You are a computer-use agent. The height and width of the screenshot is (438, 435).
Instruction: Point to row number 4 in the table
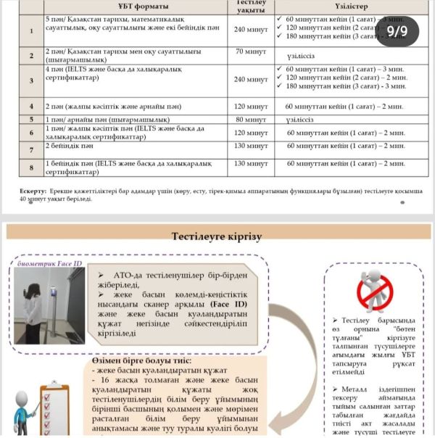30,106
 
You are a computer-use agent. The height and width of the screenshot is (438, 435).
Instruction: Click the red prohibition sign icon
375,290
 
